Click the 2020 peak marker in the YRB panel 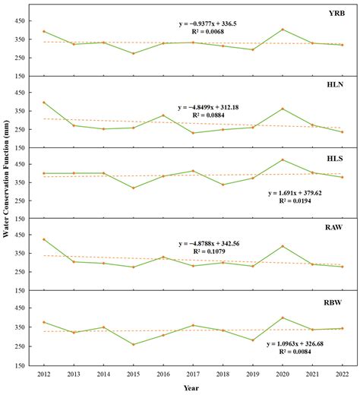pos(283,30)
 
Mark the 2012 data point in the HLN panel pos(44,103)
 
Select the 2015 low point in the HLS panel pos(134,188)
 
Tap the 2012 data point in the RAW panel pos(44,239)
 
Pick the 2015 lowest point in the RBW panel pos(134,344)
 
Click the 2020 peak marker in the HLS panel pos(283,160)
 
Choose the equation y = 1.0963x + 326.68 pos(299,343)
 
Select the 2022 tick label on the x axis pos(342,375)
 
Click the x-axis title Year pos(193,387)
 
